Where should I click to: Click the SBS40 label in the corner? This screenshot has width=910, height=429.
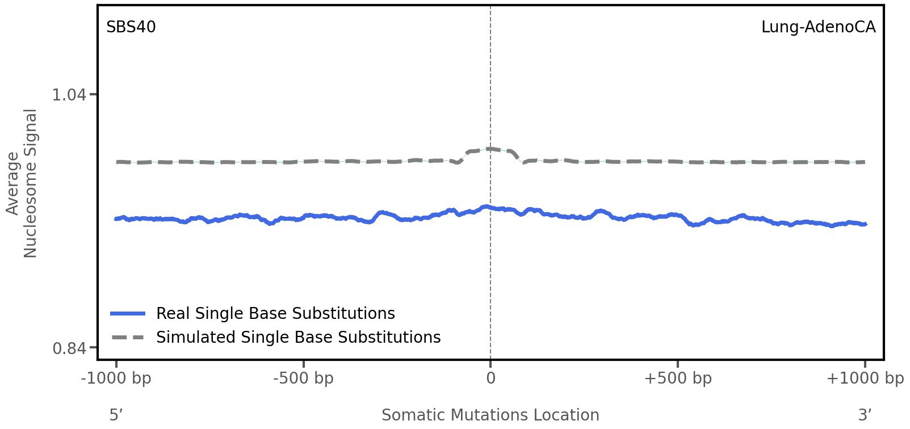click(x=131, y=27)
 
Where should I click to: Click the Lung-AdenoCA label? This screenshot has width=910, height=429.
click(x=818, y=27)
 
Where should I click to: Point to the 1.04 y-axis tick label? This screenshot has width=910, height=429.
click(x=69, y=94)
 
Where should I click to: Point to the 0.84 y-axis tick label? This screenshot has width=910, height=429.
click(x=69, y=348)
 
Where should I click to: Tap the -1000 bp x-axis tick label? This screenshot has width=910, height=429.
click(x=116, y=378)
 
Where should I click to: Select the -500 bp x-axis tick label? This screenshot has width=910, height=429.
click(x=303, y=378)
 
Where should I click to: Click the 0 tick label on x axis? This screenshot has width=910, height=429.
click(x=490, y=378)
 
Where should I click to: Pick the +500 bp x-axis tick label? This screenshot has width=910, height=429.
click(x=678, y=378)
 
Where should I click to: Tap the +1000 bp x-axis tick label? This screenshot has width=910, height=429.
click(x=865, y=378)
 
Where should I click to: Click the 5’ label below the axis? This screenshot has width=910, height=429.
click(x=116, y=415)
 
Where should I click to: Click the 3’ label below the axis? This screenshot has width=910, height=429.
click(x=865, y=415)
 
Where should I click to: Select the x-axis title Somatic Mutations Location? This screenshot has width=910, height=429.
click(x=490, y=415)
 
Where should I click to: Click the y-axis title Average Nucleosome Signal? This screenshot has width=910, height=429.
click(x=22, y=183)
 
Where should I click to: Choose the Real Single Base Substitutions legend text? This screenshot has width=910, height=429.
click(x=275, y=313)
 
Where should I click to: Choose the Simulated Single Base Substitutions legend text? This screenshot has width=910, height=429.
click(x=298, y=337)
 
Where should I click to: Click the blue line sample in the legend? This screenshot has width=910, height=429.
click(x=128, y=313)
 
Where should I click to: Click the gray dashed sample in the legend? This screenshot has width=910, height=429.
click(x=128, y=338)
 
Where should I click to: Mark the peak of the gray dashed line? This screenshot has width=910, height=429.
click(x=489, y=149)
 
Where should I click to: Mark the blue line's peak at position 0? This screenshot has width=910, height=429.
click(x=486, y=207)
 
